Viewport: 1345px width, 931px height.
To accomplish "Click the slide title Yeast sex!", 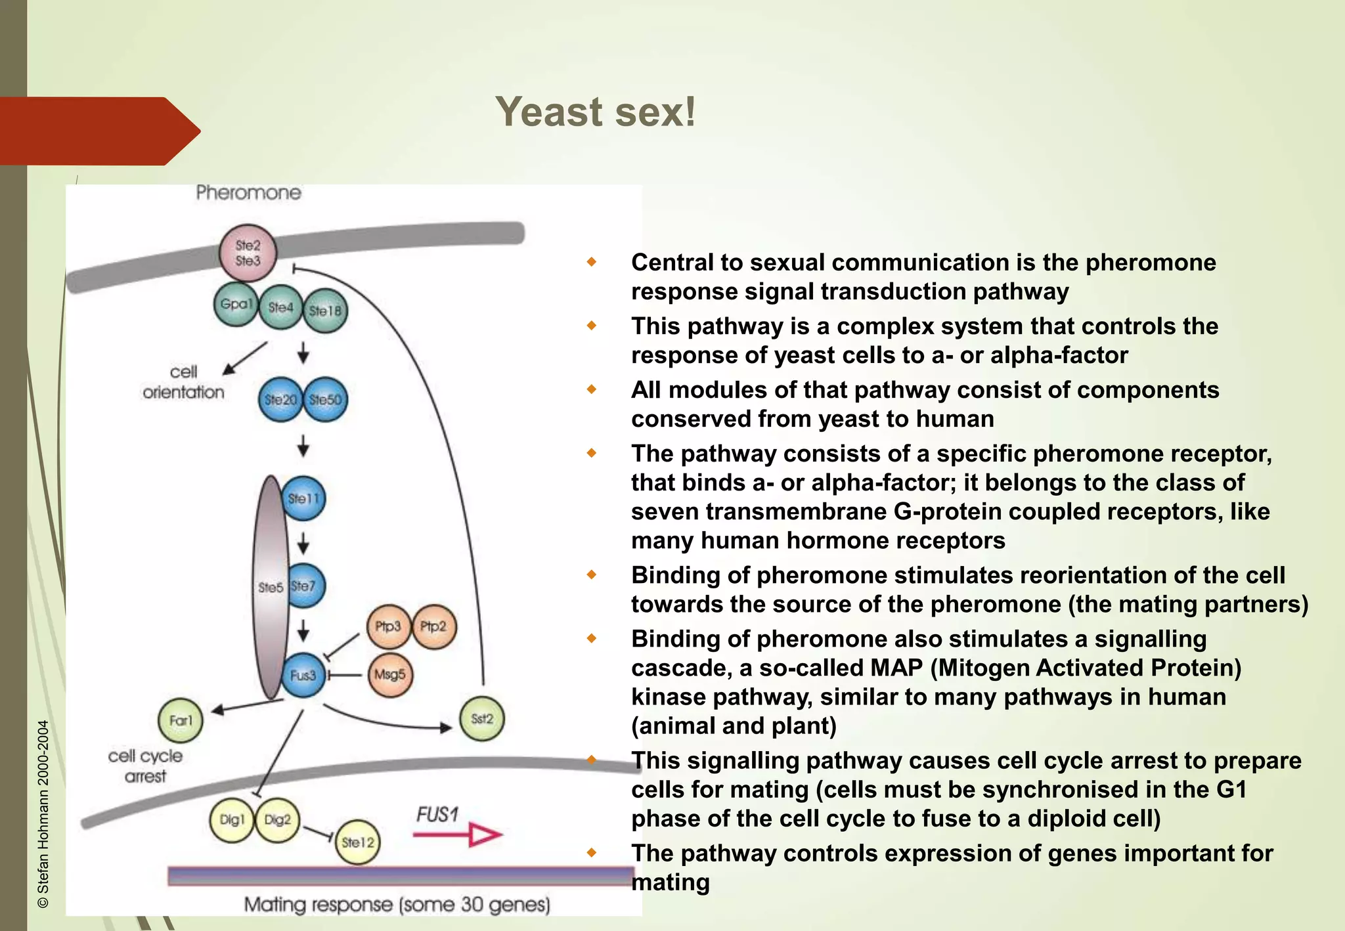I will (595, 112).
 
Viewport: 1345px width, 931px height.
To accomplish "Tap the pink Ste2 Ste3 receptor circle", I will (248, 253).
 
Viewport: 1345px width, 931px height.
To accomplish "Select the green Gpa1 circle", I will (236, 304).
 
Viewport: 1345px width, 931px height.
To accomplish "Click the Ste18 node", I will (325, 311).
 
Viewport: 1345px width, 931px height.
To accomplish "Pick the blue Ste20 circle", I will (280, 399).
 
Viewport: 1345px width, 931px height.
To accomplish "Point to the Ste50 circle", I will (326, 399).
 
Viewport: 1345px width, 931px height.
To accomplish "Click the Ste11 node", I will (303, 498).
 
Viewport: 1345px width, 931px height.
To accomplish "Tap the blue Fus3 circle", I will (303, 675).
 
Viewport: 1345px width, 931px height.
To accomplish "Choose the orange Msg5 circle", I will (390, 674).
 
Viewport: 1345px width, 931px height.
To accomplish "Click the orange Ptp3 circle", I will (388, 626).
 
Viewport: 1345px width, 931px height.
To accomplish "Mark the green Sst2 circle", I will (482, 719).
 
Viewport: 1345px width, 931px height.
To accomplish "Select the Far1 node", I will (181, 720).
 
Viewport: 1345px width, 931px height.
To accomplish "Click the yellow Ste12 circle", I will (358, 842).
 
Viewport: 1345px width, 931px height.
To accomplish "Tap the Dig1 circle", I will (231, 820).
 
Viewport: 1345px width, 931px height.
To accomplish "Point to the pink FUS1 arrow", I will (458, 835).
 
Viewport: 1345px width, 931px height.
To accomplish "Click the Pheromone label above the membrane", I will (248, 193).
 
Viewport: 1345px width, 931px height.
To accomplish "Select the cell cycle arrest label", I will (145, 766).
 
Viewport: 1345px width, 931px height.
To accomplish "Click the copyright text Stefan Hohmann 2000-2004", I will (43, 814).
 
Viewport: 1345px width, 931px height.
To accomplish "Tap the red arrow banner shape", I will (99, 131).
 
